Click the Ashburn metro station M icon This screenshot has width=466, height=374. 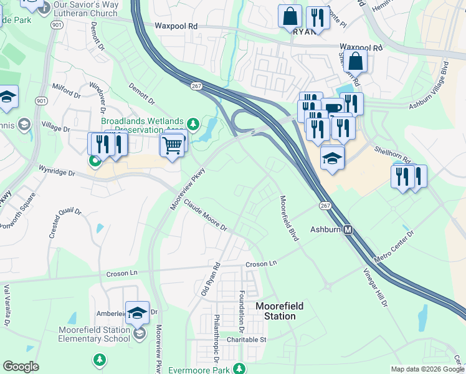pos(349,229)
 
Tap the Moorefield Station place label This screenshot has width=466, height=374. pos(276,311)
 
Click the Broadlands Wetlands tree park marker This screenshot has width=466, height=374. pos(193,123)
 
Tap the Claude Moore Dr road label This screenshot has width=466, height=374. pos(205,215)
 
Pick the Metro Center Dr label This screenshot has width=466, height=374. pos(394,247)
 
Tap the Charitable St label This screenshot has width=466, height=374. pos(246,340)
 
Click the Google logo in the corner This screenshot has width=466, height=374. pos(21,367)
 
